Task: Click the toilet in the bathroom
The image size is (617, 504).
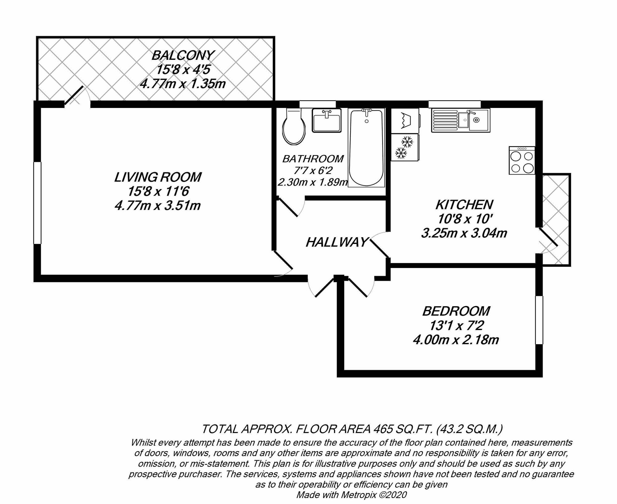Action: click(x=294, y=127)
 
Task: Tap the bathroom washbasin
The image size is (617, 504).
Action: click(x=326, y=121)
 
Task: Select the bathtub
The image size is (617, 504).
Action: click(x=366, y=148)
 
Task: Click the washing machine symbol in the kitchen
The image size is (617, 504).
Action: click(x=405, y=121)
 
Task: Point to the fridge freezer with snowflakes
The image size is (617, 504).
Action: click(x=404, y=147)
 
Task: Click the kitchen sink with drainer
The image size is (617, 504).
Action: click(x=460, y=120)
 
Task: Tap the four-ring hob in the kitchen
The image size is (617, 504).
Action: click(x=522, y=160)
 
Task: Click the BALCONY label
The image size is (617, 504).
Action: click(x=183, y=56)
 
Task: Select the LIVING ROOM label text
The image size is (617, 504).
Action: click(x=158, y=177)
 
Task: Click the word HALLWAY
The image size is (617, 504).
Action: click(x=337, y=242)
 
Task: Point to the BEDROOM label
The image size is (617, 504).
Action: click(x=456, y=311)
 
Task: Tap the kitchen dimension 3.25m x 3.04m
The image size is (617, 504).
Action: click(x=464, y=233)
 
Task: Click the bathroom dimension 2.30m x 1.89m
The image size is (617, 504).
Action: click(x=313, y=183)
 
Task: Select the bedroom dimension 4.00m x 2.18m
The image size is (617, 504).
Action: click(x=456, y=340)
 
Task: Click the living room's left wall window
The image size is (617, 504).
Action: click(x=37, y=203)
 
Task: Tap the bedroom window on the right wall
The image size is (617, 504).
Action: click(x=539, y=320)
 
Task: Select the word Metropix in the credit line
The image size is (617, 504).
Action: click(x=358, y=495)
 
